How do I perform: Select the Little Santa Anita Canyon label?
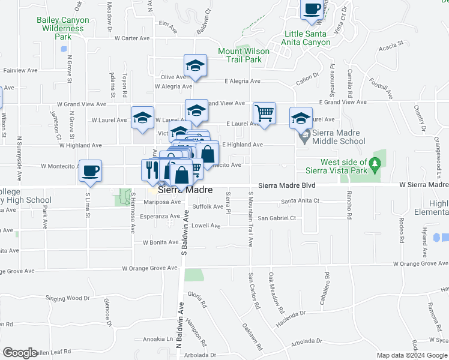(x=307, y=38)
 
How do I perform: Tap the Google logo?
(x=20, y=353)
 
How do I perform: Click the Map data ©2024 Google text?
(x=411, y=355)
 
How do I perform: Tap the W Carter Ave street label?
(x=127, y=38)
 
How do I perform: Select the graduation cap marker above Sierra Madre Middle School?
(x=301, y=118)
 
